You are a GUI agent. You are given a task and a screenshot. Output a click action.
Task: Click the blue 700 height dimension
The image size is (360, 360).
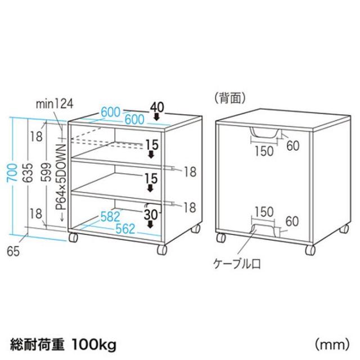click(13, 173)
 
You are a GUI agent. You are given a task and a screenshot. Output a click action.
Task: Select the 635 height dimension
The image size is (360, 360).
click(29, 173)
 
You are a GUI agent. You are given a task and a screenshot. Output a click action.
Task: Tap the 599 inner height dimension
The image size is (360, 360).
click(48, 172)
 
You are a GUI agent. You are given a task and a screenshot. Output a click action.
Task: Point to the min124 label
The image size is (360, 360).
click(55, 104)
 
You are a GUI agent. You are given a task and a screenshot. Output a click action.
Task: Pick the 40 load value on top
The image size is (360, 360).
click(157, 107)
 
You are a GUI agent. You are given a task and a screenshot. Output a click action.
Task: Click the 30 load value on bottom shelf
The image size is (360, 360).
click(151, 215)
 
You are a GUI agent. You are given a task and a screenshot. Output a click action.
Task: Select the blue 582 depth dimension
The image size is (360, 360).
click(110, 217)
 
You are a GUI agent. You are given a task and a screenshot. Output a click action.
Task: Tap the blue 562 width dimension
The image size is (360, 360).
click(125, 229)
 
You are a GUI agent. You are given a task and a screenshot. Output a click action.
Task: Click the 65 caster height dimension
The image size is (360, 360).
click(13, 251)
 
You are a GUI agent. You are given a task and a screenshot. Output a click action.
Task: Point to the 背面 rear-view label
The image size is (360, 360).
click(230, 98)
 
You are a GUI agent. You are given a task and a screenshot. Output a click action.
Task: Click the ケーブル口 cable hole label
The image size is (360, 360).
click(237, 264)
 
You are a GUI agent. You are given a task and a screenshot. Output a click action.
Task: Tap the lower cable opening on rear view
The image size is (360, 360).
click(264, 231)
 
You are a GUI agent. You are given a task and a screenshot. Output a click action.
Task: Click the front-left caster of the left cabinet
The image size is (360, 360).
click(73, 237)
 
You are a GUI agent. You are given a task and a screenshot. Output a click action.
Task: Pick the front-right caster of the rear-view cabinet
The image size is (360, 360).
click(310, 250)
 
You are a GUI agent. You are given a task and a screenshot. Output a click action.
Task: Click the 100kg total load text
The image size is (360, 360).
click(94, 344)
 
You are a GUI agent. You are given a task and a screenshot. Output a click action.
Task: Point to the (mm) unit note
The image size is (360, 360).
click(332, 345)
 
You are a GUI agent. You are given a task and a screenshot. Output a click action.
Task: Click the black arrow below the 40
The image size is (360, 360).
click(156, 117)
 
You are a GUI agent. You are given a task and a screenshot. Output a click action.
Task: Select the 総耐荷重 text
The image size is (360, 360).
click(37, 345)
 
